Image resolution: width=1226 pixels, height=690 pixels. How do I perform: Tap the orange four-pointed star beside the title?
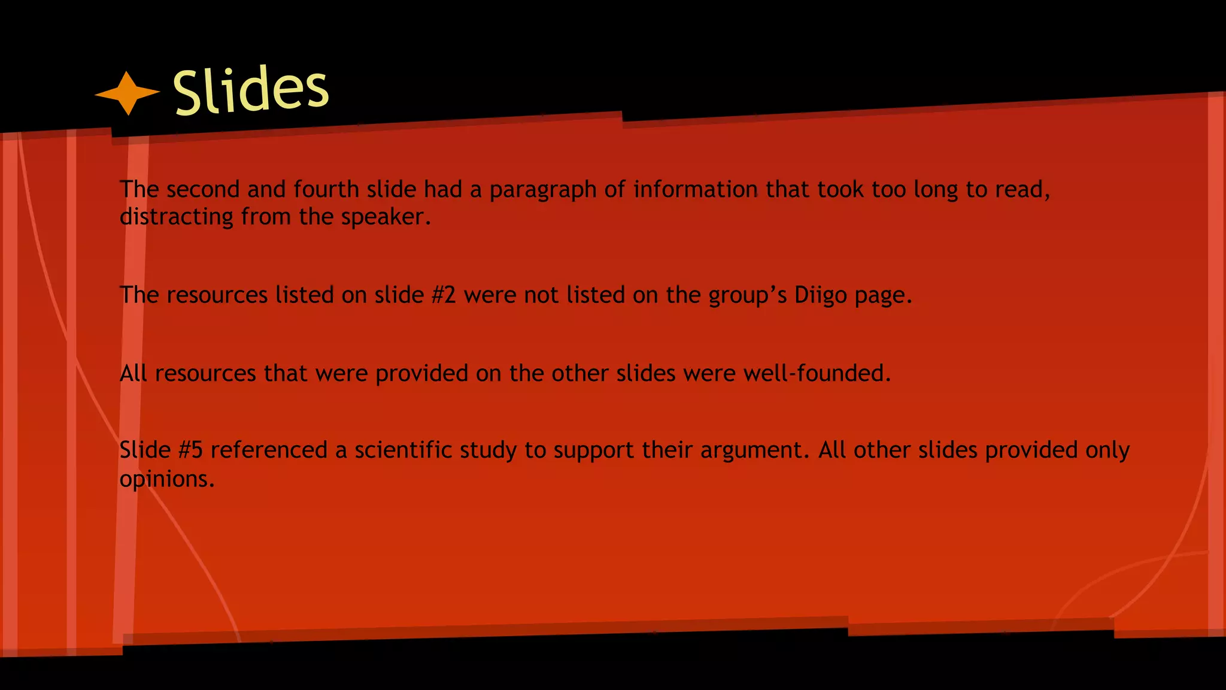[x=128, y=93]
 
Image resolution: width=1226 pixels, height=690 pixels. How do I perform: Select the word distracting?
[x=176, y=217]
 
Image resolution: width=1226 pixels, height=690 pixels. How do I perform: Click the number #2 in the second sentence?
[x=444, y=295]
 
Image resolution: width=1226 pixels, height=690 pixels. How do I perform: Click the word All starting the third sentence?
[x=133, y=374]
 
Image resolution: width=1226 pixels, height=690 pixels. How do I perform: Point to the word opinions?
[x=166, y=479]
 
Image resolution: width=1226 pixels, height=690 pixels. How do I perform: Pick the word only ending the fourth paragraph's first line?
[x=1107, y=450]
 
